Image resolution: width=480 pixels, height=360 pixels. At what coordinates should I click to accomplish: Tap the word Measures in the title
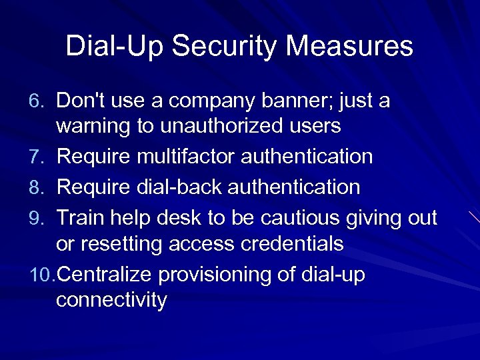[x=360, y=47]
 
